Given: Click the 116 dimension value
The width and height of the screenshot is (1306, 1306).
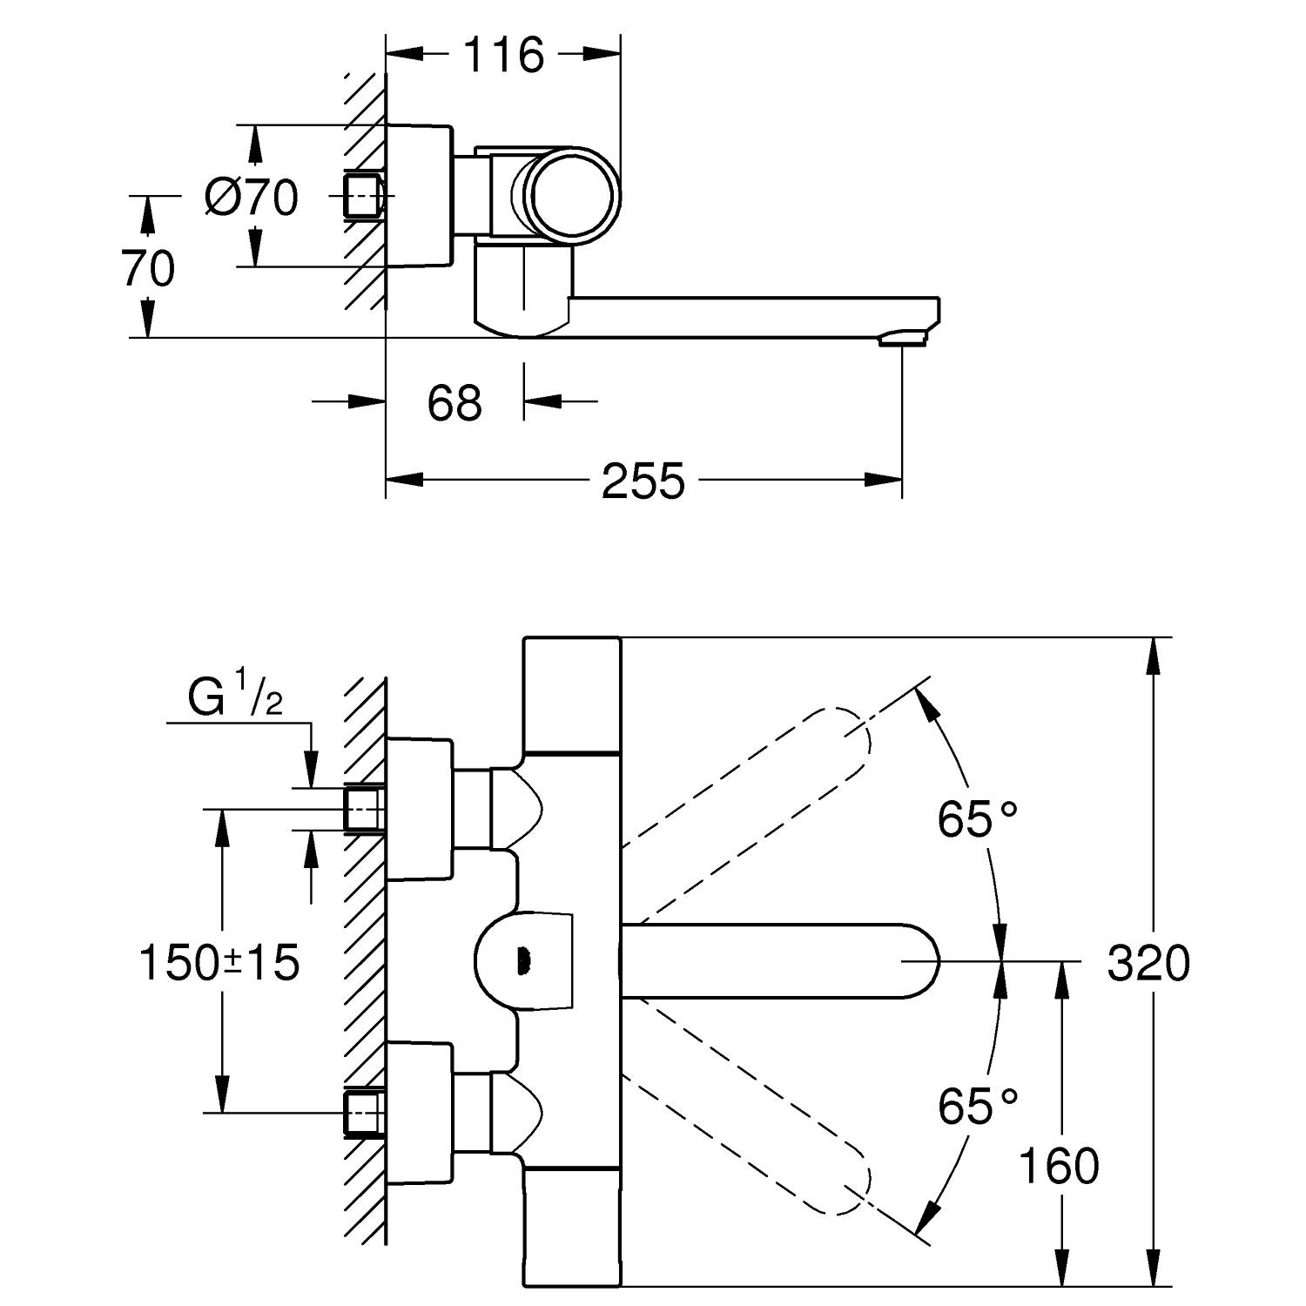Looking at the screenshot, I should click(x=502, y=56).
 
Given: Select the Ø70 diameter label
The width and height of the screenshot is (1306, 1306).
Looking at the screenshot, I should click(x=252, y=198).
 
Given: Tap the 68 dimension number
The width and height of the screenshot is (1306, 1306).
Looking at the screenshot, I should click(x=454, y=402).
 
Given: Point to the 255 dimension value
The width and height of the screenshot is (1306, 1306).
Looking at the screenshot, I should click(x=643, y=481).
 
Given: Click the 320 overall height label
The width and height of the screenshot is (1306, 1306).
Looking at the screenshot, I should click(x=1148, y=964).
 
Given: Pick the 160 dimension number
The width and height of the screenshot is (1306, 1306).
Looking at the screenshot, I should click(x=1058, y=1167).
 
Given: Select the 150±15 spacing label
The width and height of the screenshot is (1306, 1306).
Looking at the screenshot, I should click(x=219, y=963).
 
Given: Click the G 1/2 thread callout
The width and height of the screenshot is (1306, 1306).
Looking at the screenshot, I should click(x=235, y=700).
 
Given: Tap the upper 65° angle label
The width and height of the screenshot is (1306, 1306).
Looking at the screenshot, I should click(x=977, y=819).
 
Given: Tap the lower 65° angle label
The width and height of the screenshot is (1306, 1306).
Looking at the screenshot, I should click(x=977, y=1107).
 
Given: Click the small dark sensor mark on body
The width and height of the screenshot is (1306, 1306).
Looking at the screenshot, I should click(x=522, y=961).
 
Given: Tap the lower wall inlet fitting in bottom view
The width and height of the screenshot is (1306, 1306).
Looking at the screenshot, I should click(x=364, y=1112).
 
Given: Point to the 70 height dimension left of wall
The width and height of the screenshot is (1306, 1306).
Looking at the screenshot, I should click(x=149, y=267).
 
